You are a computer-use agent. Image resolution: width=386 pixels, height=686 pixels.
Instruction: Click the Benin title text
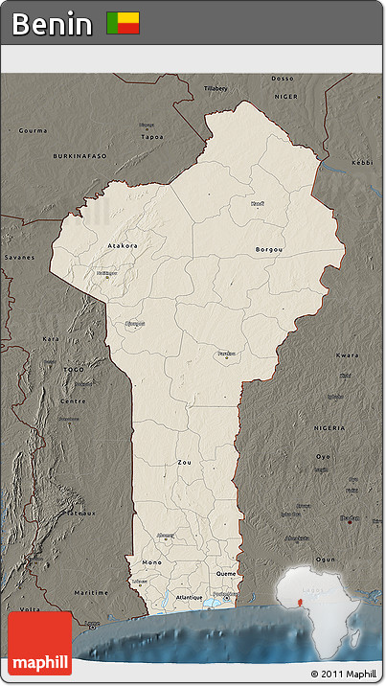point(53,24)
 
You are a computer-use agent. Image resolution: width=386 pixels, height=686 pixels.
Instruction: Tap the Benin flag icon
point(123,23)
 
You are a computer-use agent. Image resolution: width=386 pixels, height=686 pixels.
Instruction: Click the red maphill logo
point(39,643)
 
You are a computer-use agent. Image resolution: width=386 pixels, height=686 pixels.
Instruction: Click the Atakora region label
point(122,245)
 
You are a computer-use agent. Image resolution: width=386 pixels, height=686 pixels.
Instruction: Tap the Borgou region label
point(269,249)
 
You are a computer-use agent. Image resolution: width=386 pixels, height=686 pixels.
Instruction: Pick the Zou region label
point(184,462)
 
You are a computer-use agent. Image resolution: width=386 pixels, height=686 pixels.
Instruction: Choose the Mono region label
point(151,561)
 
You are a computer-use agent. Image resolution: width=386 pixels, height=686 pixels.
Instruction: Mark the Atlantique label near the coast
point(190,598)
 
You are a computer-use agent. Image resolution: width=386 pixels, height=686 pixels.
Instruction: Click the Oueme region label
point(226,573)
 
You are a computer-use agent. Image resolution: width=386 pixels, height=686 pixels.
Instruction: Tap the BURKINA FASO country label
point(80,155)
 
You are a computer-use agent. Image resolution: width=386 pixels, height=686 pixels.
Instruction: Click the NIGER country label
point(286,96)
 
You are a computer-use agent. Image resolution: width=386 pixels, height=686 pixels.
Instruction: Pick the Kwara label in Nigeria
point(347,354)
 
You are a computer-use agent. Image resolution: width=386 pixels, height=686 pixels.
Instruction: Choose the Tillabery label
point(216,88)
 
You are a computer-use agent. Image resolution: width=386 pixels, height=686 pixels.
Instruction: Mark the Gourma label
point(33,129)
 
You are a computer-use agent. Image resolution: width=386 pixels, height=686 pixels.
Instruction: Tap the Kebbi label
point(362,163)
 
